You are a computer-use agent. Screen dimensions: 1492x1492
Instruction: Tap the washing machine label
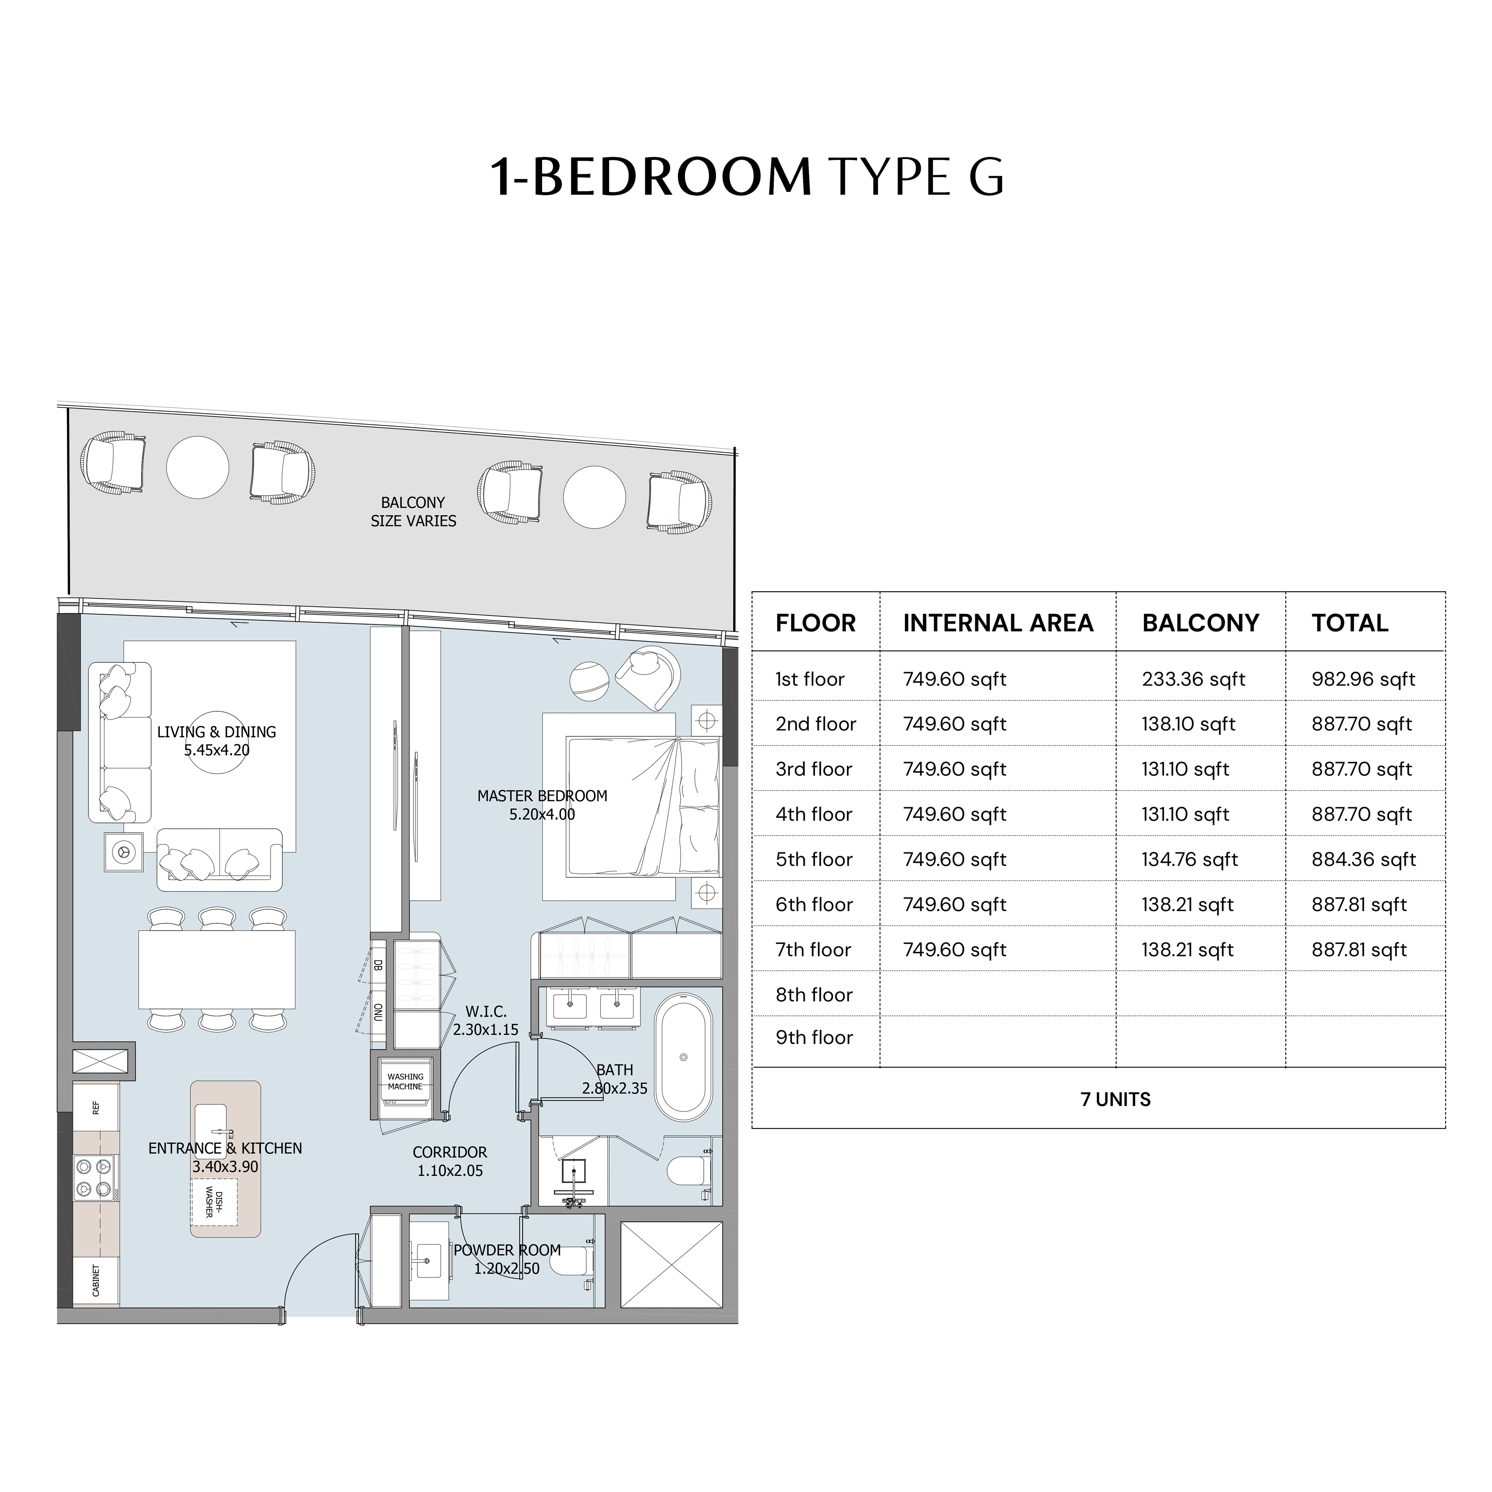pos(405,1081)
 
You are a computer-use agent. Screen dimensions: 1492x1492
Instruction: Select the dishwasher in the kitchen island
pos(214,1203)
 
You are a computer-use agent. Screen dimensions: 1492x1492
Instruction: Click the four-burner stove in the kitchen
pos(94,1178)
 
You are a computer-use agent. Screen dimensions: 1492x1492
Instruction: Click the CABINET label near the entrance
pos(96,1281)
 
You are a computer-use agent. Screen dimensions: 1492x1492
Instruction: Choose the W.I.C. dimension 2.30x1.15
pos(486,1029)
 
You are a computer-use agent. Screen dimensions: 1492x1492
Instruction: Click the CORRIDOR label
pos(450,1152)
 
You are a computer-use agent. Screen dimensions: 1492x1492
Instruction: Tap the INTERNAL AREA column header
pos(998,623)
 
